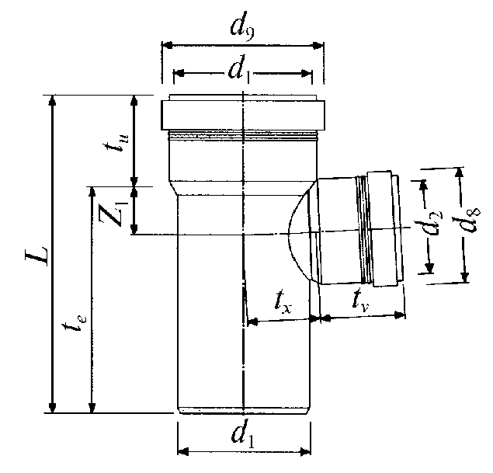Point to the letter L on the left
point(37,256)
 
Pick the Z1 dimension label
point(113,214)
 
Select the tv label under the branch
point(361,301)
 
